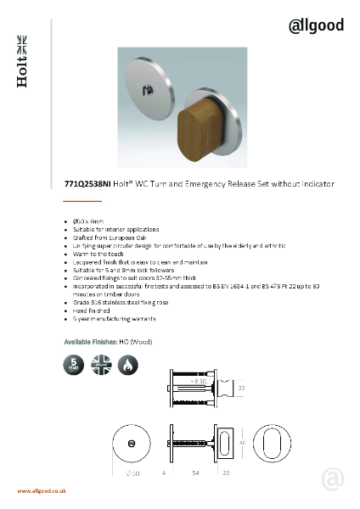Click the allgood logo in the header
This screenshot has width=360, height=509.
click(316, 25)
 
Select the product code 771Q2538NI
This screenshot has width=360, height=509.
click(87, 183)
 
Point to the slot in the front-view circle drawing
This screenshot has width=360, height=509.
click(132, 443)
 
